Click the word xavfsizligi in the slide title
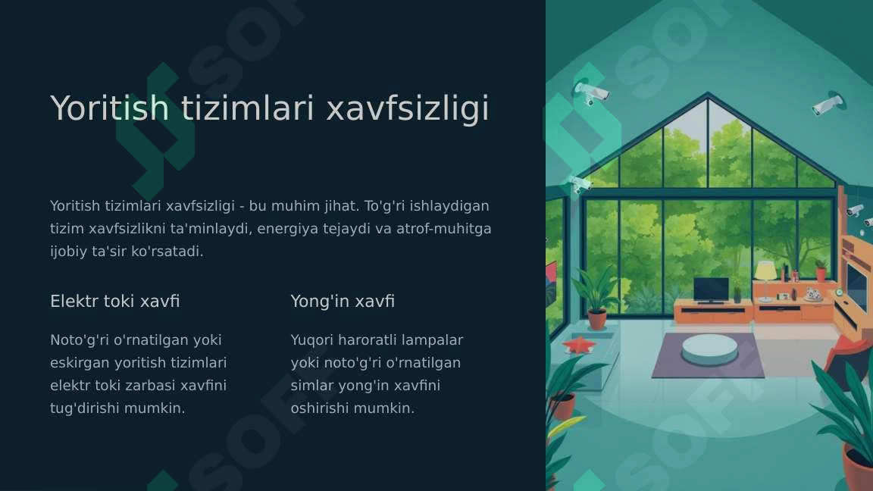pos(408,108)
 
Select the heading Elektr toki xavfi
pos(114,301)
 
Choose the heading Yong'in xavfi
pos(343,301)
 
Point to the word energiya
pos(287,229)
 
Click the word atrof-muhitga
pos(444,228)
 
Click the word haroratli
pos(368,340)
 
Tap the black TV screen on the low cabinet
pos(711,289)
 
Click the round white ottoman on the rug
pos(709,348)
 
